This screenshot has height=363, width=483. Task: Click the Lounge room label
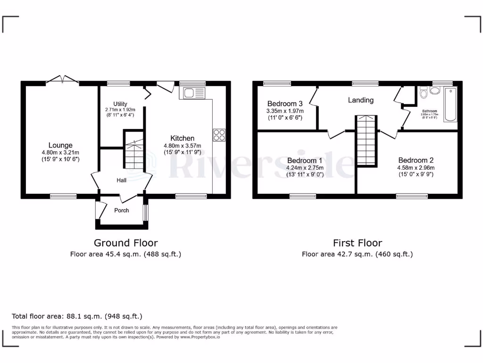pyautogui.click(x=60, y=145)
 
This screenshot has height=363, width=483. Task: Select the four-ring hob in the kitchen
pyautogui.click(x=219, y=135)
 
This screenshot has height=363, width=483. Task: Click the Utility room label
pyautogui.click(x=121, y=104)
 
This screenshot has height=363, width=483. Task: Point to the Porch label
pyautogui.click(x=122, y=210)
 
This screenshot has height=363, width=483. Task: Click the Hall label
pyautogui.click(x=122, y=180)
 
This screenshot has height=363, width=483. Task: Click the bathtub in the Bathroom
pyautogui.click(x=450, y=104)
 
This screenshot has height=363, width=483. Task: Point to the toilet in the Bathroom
pyautogui.click(x=423, y=93)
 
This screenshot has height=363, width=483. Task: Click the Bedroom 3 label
pyautogui.click(x=285, y=104)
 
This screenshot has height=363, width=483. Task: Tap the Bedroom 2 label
pyautogui.click(x=416, y=160)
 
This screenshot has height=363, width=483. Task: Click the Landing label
pyautogui.click(x=361, y=100)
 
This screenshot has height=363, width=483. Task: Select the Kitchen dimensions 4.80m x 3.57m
pyautogui.click(x=183, y=146)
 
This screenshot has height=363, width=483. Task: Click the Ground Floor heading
pyautogui.click(x=125, y=243)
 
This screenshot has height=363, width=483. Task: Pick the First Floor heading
pyautogui.click(x=357, y=243)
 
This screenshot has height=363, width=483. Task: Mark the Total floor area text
pyautogui.click(x=77, y=316)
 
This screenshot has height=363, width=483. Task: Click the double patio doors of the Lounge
pyautogui.click(x=62, y=80)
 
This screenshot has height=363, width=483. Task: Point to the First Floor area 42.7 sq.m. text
pyautogui.click(x=357, y=254)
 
